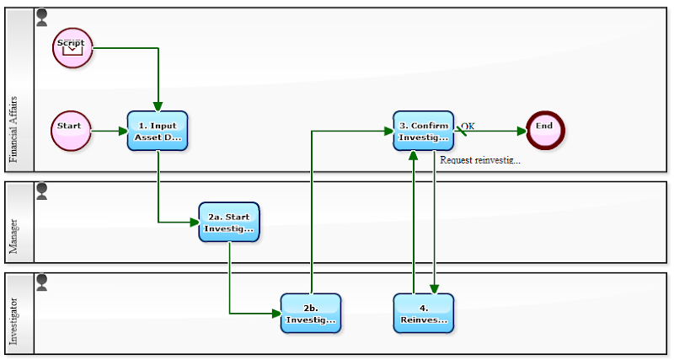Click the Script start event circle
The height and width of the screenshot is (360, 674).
[72, 47]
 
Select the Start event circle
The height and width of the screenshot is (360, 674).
[70, 131]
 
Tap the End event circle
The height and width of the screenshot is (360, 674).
[545, 131]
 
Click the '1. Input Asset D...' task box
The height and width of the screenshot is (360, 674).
[158, 131]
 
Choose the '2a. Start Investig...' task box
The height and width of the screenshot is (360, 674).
[228, 222]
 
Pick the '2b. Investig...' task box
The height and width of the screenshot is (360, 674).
[311, 313]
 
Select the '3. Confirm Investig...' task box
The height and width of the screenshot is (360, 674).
[423, 131]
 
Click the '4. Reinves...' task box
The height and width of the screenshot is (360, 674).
[423, 313]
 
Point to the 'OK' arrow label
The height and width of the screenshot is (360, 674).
[468, 126]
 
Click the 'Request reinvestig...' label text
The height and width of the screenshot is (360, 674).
[480, 160]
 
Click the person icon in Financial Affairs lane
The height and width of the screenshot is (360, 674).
[42, 17]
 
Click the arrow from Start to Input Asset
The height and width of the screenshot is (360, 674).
[108, 131]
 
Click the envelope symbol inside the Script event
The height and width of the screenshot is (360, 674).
[72, 50]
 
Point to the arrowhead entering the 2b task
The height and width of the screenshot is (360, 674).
[275, 313]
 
